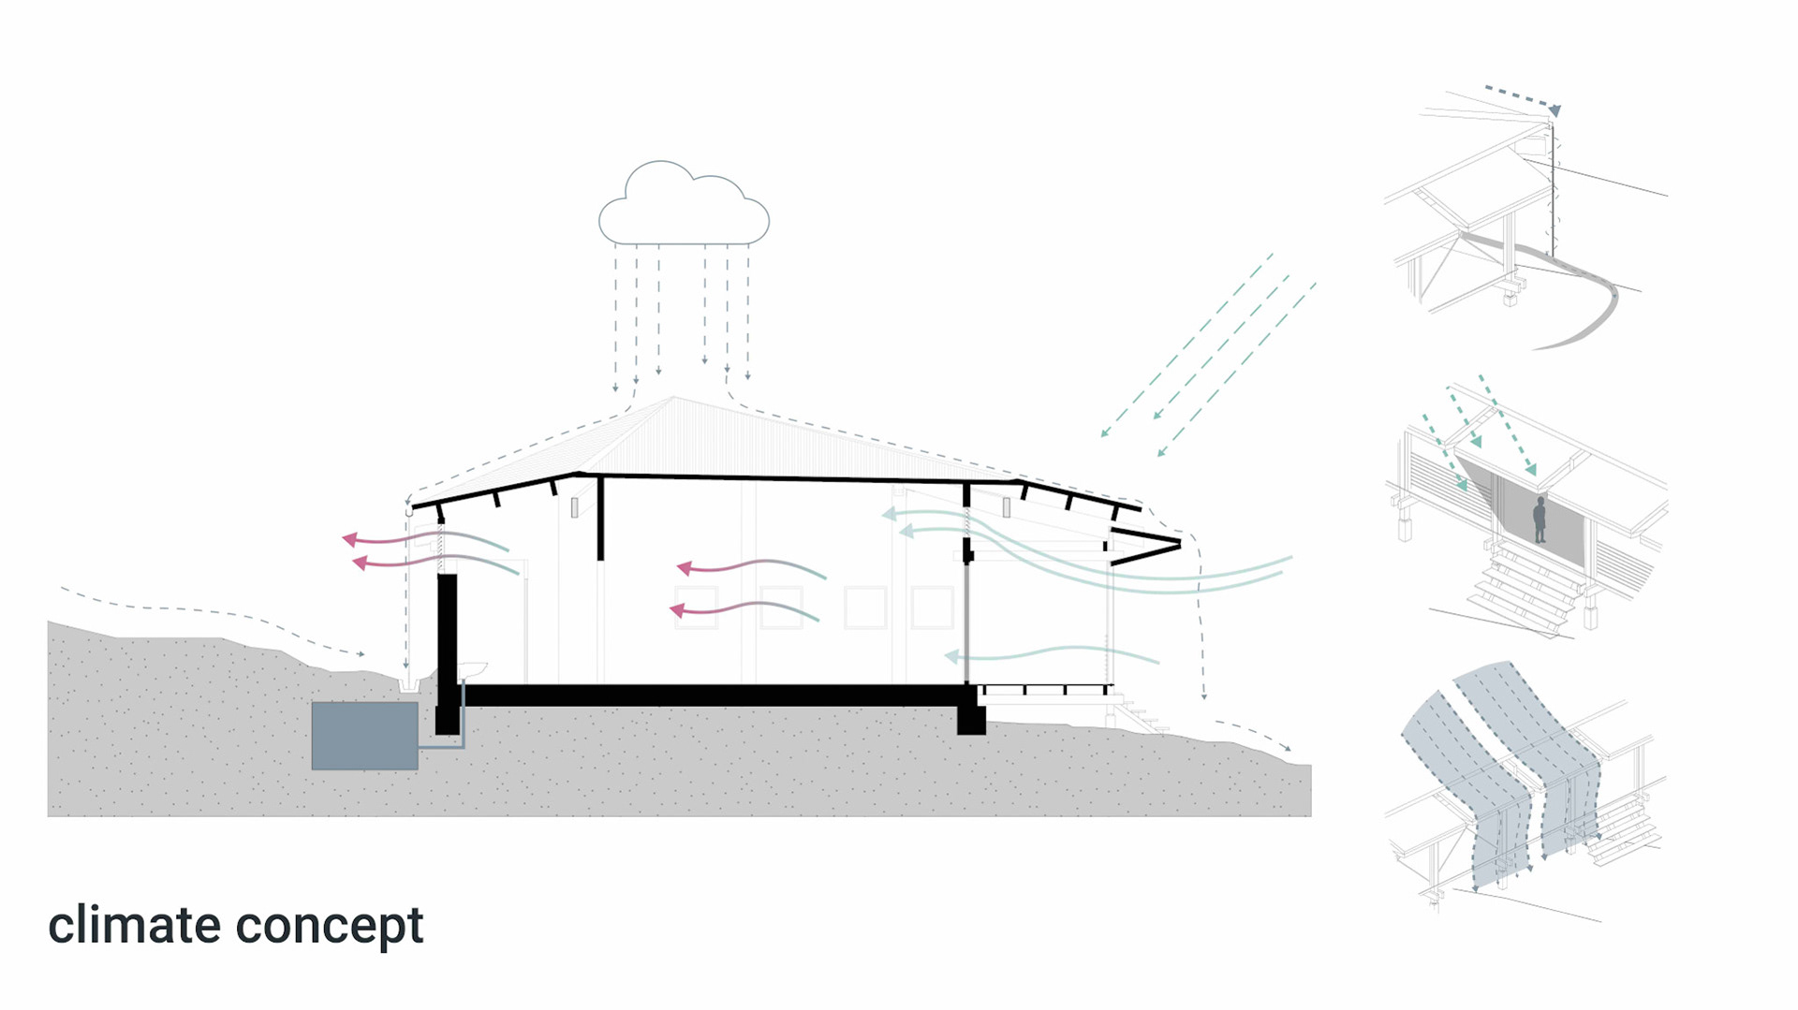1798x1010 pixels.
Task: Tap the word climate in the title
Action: pyautogui.click(x=134, y=925)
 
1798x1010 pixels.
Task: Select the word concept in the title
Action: pyautogui.click(x=330, y=927)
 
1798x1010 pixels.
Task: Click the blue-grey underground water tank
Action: pyautogui.click(x=364, y=736)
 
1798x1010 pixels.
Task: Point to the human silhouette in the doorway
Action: pyautogui.click(x=1540, y=520)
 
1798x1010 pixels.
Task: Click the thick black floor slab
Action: pyautogui.click(x=712, y=695)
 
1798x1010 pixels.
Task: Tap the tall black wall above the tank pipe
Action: pyautogui.click(x=448, y=637)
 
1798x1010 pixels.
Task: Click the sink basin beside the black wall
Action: pyautogui.click(x=473, y=667)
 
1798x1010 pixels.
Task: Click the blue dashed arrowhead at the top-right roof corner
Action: pyautogui.click(x=1555, y=110)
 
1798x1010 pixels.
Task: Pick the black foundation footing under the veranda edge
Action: pyautogui.click(x=971, y=719)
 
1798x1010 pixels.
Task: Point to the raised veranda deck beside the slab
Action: pyautogui.click(x=1044, y=690)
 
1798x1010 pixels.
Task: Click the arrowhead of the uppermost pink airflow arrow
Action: pyautogui.click(x=348, y=539)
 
